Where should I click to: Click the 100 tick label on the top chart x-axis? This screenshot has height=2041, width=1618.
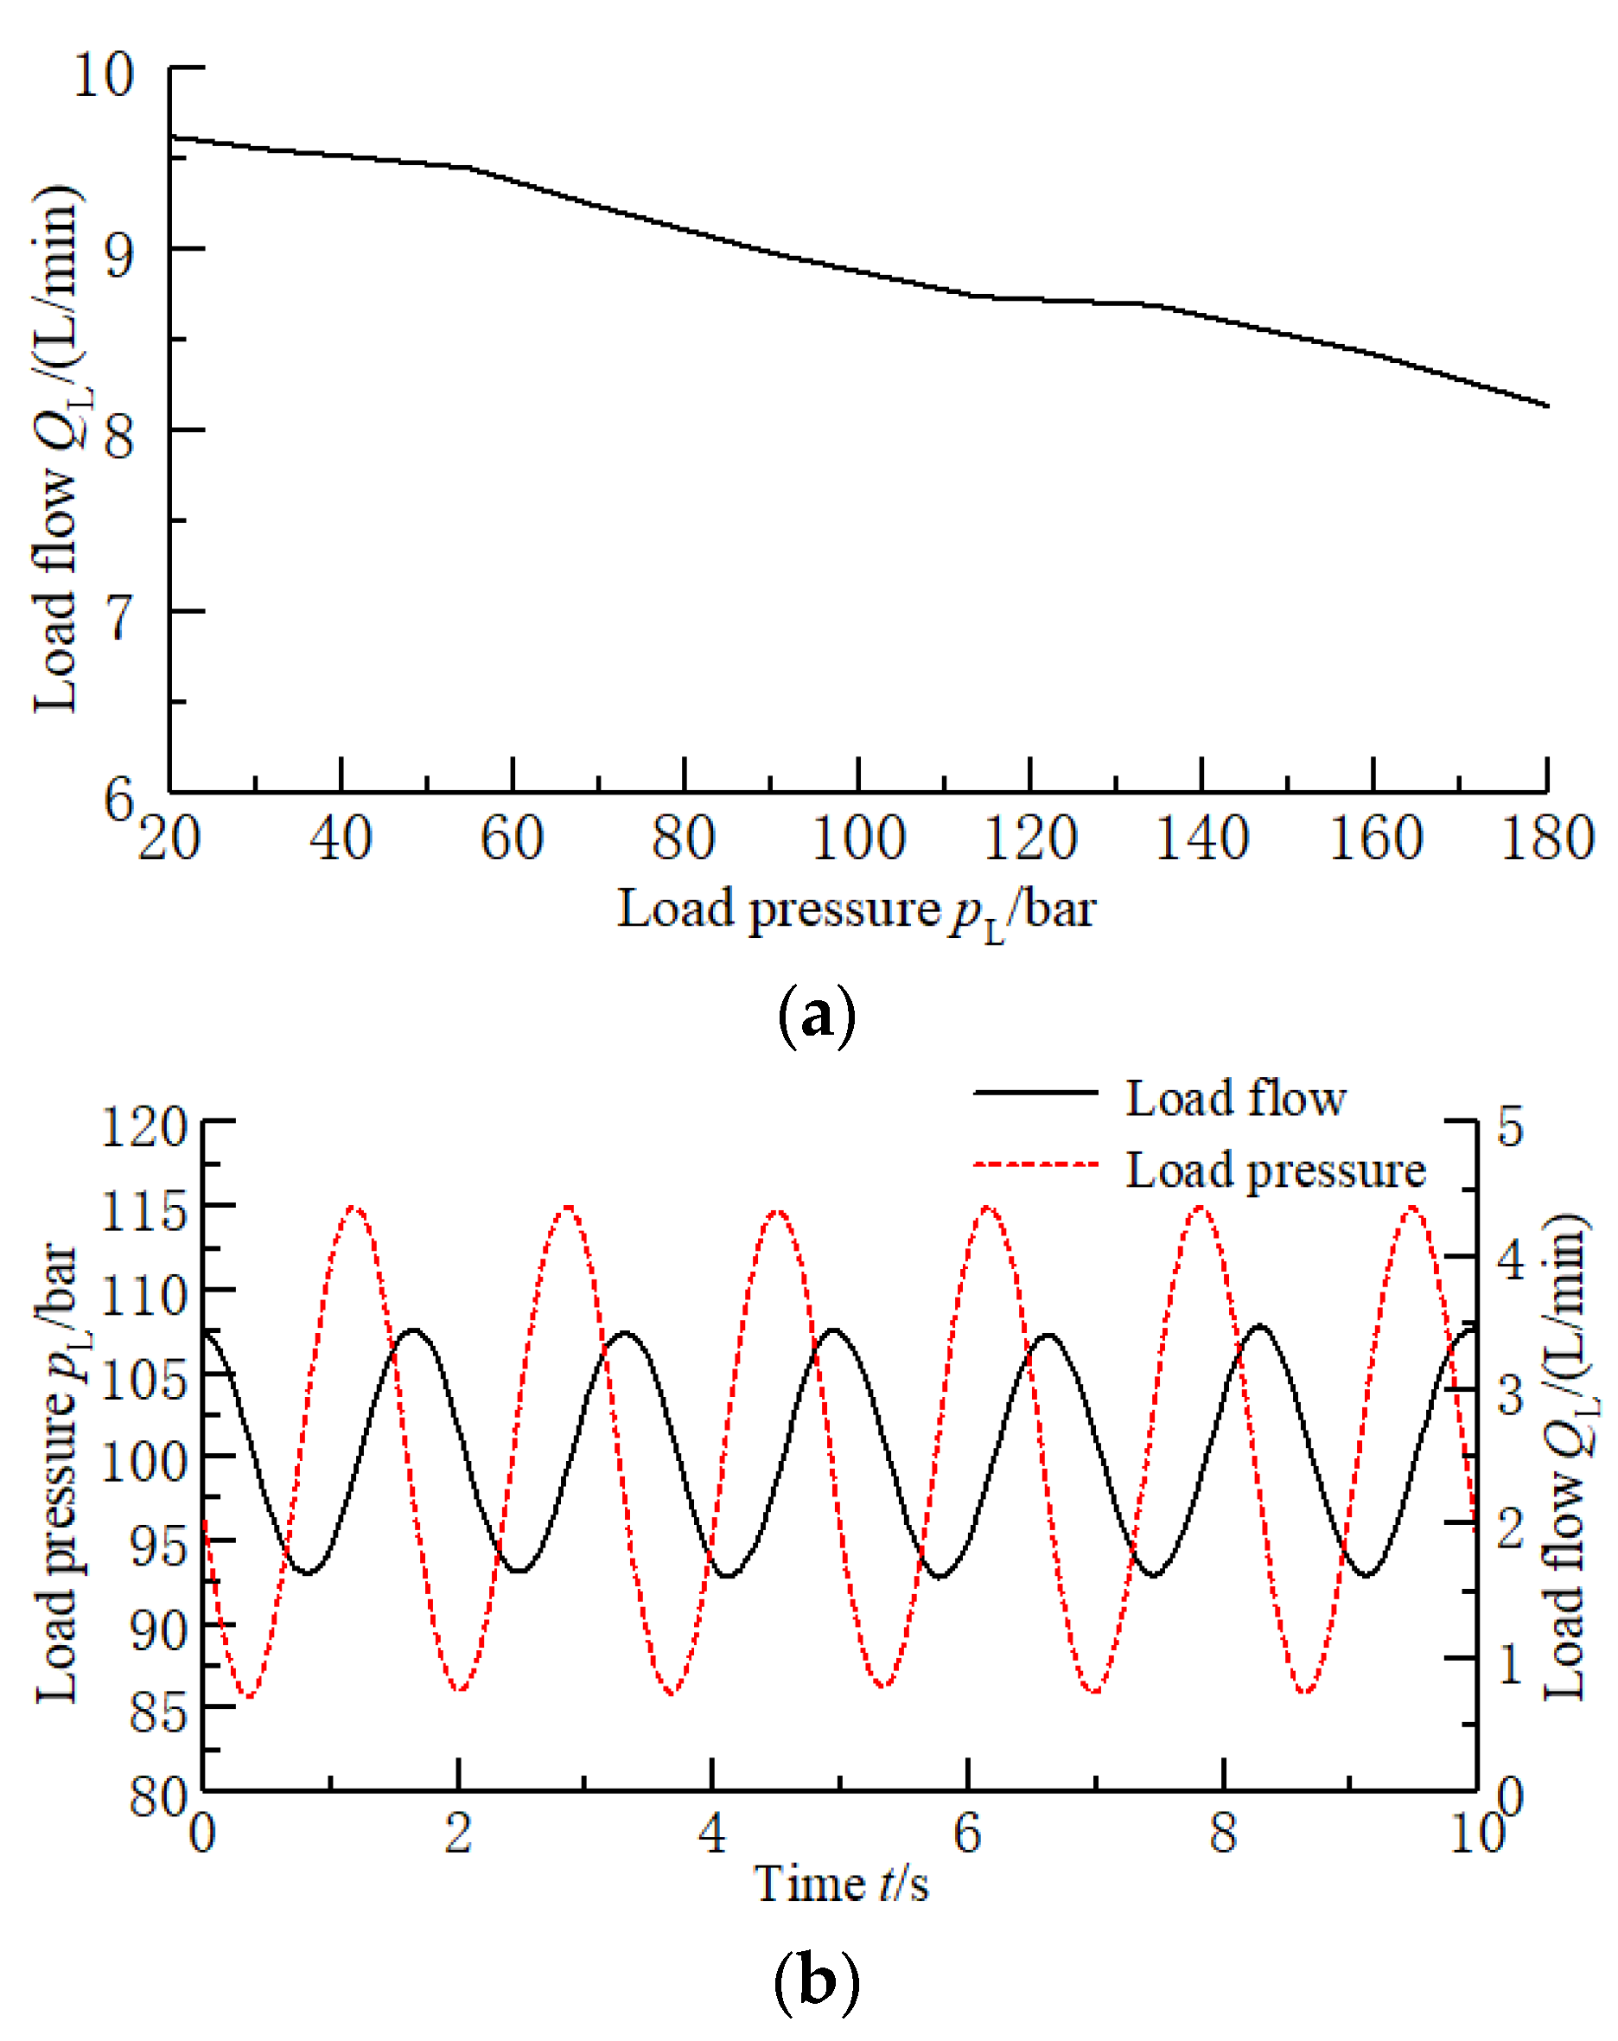857,839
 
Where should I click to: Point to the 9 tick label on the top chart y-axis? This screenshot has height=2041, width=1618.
118,252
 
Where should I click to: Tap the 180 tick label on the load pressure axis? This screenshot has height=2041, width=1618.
1546,839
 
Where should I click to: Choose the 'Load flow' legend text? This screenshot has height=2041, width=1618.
1234,1099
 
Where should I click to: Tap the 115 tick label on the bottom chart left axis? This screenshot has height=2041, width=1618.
143,1211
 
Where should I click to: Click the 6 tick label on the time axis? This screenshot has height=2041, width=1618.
965,1834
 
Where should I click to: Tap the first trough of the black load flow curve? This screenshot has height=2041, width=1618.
308,1573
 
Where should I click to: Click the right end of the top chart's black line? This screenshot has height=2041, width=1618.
1546,406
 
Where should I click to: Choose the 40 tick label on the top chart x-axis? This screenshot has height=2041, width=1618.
340,839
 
